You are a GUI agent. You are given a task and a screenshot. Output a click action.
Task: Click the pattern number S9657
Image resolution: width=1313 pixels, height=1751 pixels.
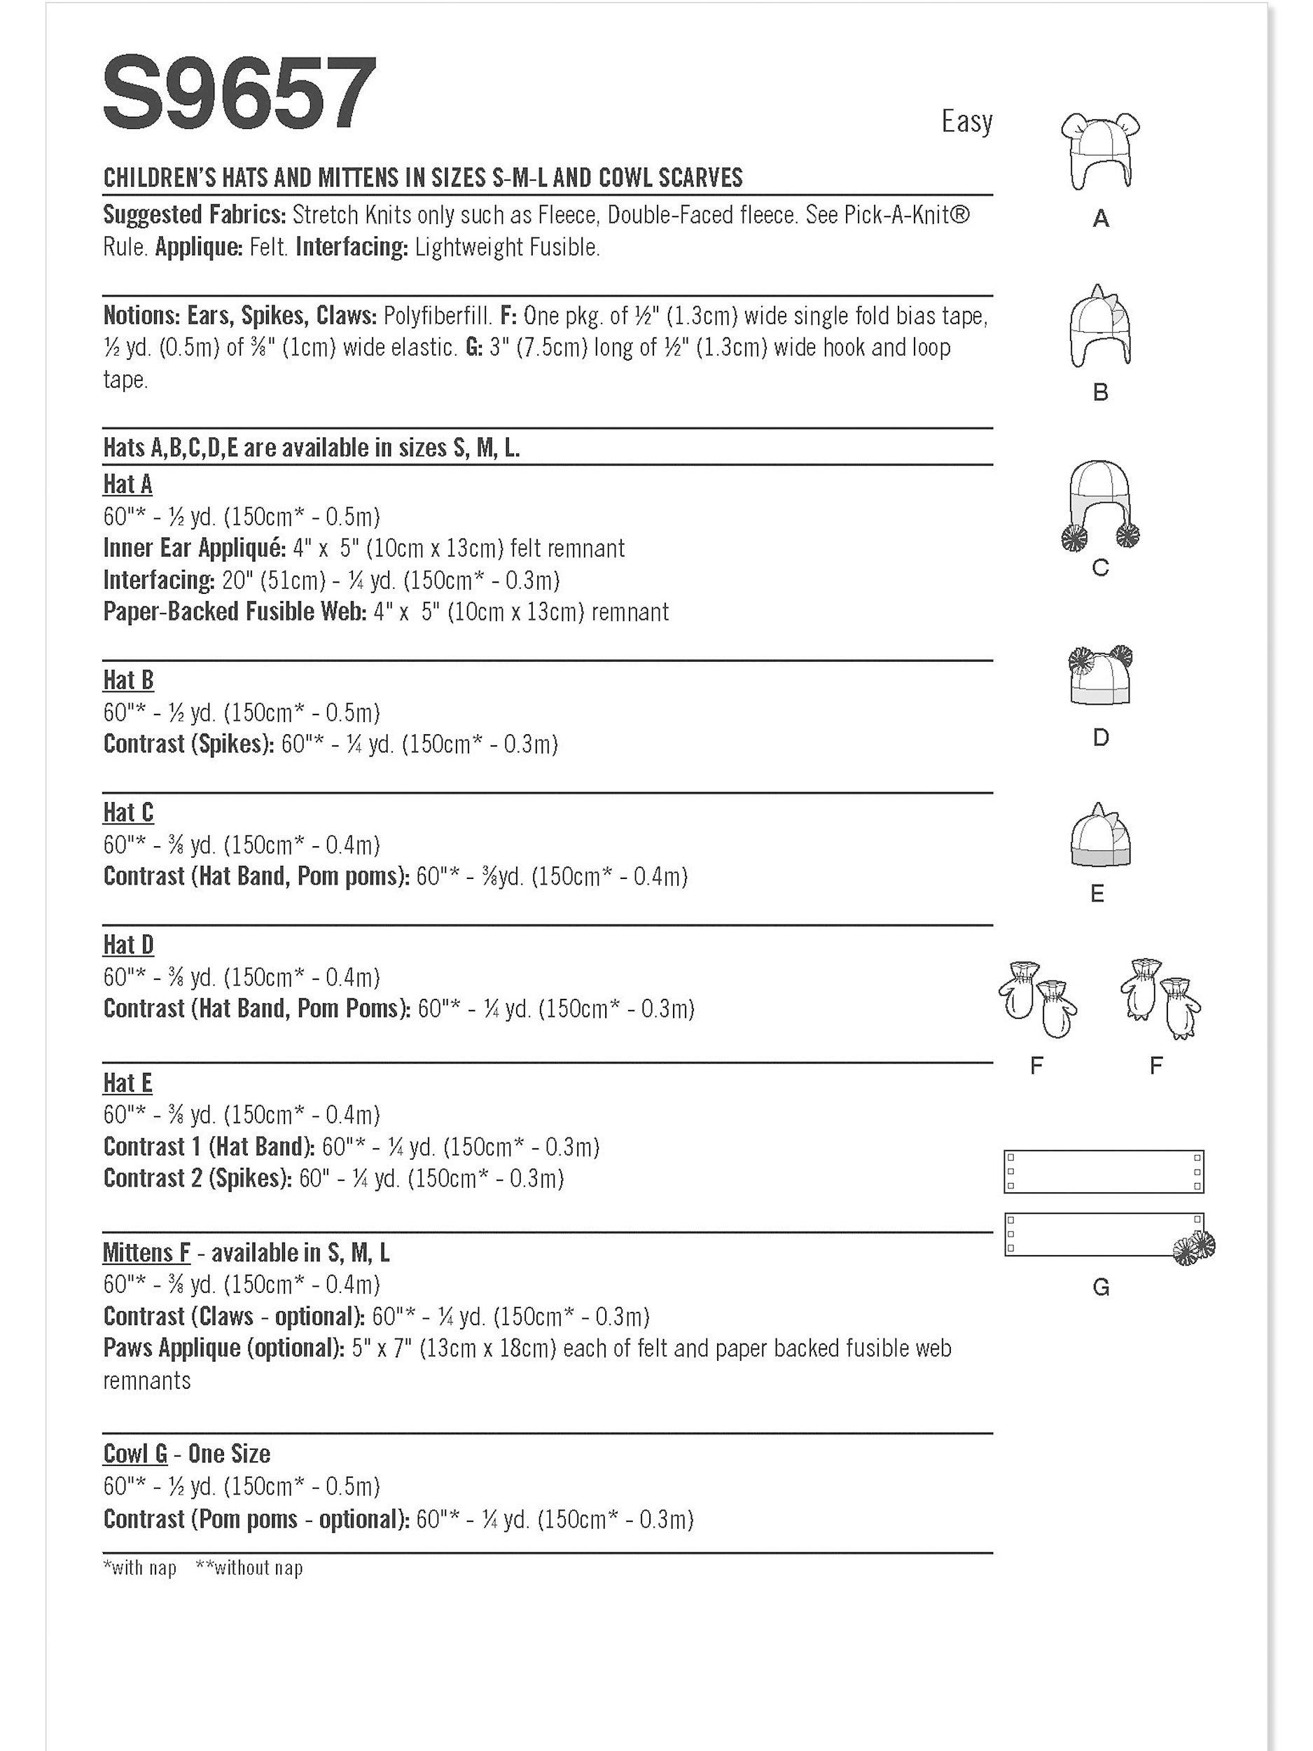coord(239,94)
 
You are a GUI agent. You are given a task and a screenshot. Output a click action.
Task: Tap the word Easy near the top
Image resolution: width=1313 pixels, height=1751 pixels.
coord(966,122)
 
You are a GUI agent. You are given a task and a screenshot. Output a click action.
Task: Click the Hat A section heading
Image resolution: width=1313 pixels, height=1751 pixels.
coord(127,484)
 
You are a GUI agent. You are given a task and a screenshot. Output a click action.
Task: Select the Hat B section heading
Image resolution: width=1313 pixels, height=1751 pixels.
coord(128,680)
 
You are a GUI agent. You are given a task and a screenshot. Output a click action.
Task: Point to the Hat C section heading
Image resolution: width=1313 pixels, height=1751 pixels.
coord(128,812)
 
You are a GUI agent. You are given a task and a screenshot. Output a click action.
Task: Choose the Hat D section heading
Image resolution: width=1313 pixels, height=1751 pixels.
coord(128,944)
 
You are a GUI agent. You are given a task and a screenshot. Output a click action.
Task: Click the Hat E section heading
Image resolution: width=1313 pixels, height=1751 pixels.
coord(127,1082)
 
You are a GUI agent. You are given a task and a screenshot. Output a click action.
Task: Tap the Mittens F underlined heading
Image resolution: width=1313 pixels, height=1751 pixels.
coord(146,1252)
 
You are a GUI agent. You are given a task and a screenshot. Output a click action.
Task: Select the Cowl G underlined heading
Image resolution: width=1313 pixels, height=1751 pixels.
coord(135,1453)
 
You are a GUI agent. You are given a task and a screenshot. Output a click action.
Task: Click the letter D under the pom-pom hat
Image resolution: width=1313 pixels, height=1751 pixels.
coord(1100,738)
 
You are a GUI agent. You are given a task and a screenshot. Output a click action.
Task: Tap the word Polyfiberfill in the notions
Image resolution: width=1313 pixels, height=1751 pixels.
coord(437,316)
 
